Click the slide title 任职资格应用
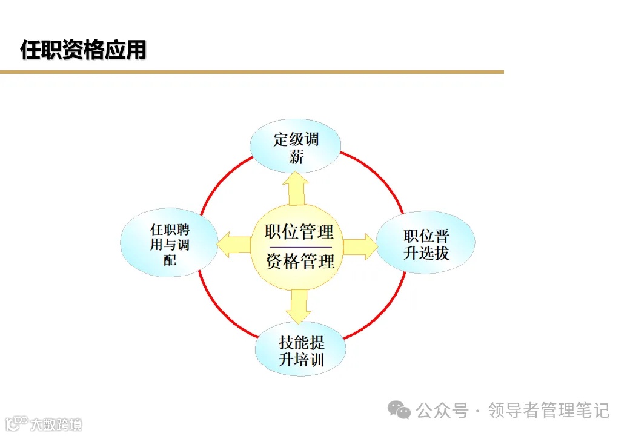point(83,50)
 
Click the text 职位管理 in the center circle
point(299,232)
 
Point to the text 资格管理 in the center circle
point(300,262)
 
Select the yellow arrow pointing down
point(298,306)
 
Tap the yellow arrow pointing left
point(234,244)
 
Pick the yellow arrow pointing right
point(359,246)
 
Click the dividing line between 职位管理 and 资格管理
point(299,247)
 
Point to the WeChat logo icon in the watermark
point(399,411)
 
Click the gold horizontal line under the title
point(251,72)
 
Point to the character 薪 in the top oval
point(296,157)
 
